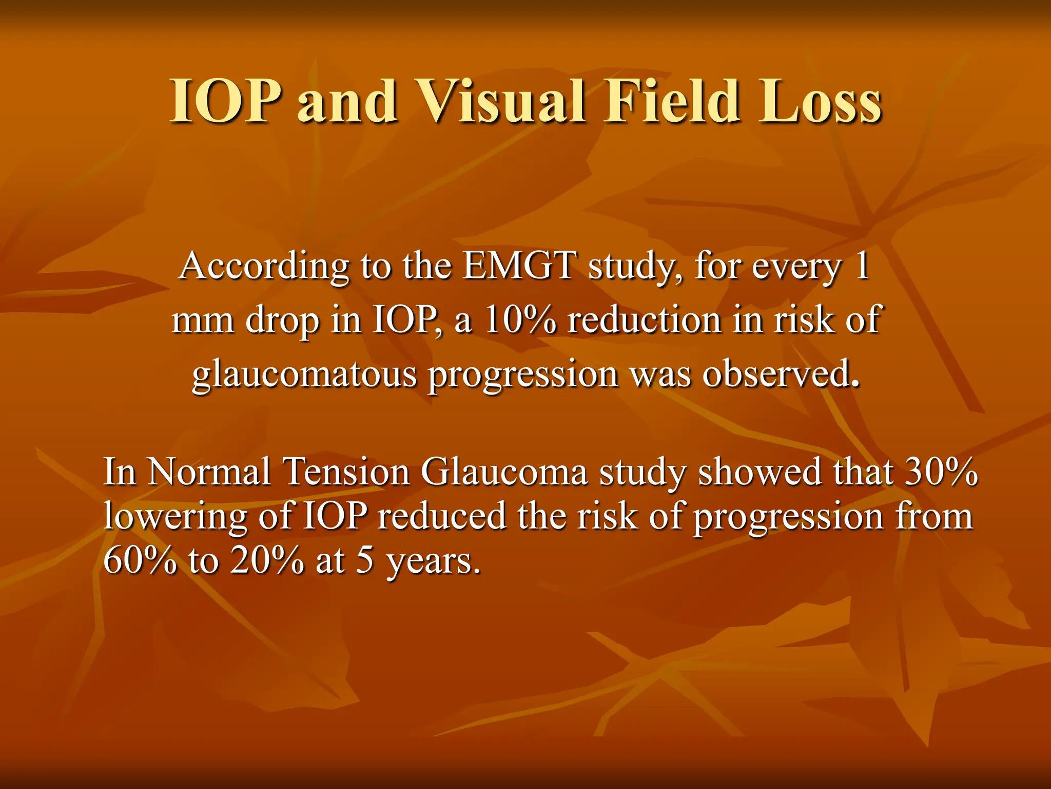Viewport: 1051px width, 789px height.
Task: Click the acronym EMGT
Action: point(519,266)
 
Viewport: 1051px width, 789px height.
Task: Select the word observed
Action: point(780,374)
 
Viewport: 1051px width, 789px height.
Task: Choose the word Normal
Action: point(209,472)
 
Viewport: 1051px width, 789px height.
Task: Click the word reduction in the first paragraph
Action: point(645,320)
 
